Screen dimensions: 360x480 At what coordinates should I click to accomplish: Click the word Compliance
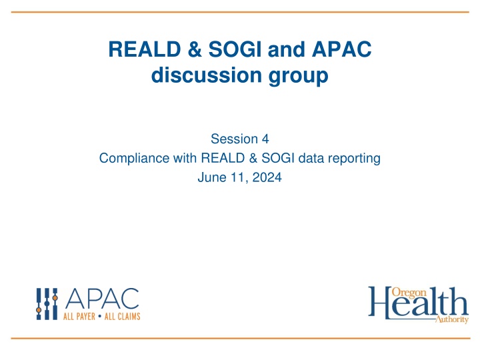pos(129,159)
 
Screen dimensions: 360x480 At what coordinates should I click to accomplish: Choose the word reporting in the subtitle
pos(355,159)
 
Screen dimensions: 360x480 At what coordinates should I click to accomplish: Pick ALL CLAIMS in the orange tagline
pos(121,316)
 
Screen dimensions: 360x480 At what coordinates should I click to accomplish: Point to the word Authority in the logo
pos(451,321)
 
